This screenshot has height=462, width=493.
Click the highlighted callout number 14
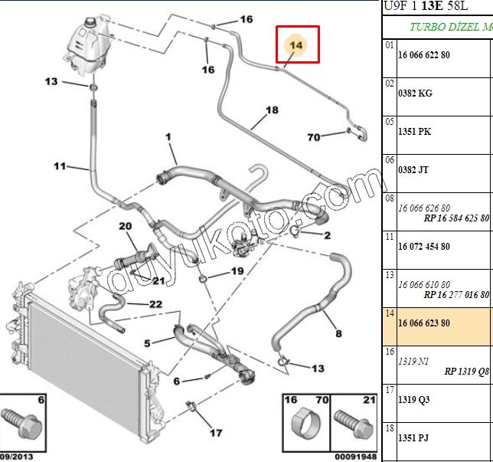pos(296,45)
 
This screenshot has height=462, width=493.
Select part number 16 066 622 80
pos(423,55)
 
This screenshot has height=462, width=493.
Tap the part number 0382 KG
pos(415,93)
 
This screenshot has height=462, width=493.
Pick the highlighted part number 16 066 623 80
pos(423,323)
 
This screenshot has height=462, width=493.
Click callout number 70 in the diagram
pos(313,137)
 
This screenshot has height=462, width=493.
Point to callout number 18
pos(272,110)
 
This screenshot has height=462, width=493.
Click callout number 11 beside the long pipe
pos(60,165)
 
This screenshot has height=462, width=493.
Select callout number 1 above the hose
pos(167,138)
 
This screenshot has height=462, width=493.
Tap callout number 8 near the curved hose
pos(338,333)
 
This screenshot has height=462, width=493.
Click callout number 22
pos(155,304)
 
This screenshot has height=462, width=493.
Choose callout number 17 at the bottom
pos(217,432)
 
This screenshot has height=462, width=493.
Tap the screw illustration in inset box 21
pos(354,423)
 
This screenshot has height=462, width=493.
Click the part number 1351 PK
pos(414,132)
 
